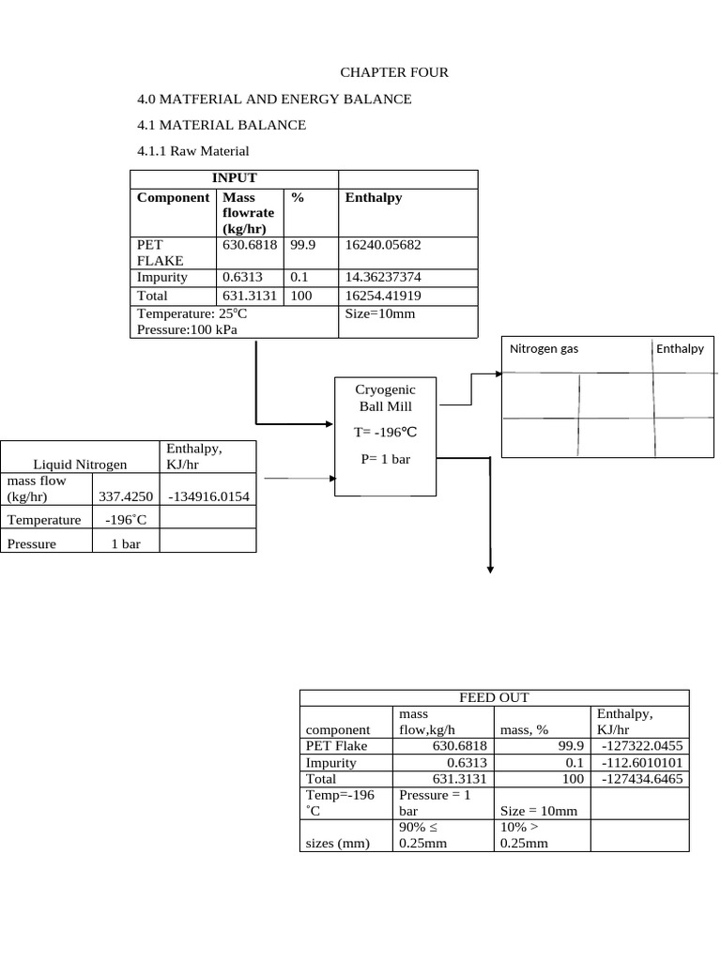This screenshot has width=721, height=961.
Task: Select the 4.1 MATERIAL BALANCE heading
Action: [x=222, y=125]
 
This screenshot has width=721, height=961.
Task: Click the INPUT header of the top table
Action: [x=234, y=178]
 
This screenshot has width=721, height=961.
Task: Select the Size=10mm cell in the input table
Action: [x=379, y=313]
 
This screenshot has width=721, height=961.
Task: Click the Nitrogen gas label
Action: [x=544, y=349]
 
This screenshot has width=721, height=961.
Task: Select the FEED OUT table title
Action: [x=493, y=697]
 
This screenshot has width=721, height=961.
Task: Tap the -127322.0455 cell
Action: [x=639, y=746]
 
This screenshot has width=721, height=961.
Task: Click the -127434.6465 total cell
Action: [x=639, y=780]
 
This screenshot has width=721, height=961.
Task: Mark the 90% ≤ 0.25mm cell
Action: [x=423, y=834]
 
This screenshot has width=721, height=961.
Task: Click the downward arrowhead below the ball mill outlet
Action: [x=490, y=566]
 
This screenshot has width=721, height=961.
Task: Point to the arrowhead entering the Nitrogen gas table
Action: [x=499, y=374]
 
